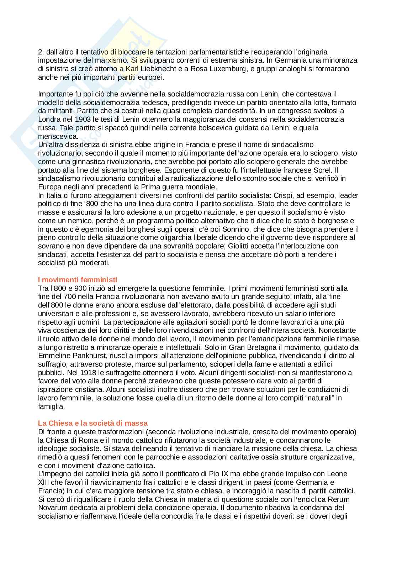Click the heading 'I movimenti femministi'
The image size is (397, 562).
pos(78,280)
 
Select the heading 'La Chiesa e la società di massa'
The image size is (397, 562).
pos(92,423)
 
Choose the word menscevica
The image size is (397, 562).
pos(53,136)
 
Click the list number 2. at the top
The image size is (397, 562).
pos(41,52)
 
